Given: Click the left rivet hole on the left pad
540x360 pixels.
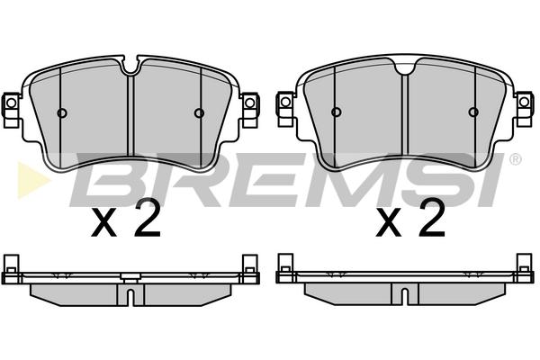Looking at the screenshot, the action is pyautogui.click(x=62, y=112).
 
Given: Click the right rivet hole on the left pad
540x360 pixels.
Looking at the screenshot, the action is pyautogui.click(x=200, y=112).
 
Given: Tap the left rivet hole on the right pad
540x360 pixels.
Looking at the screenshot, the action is pyautogui.click(x=336, y=112).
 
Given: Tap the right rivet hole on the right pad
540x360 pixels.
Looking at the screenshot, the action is pyautogui.click(x=474, y=112).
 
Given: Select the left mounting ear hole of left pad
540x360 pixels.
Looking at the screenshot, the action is pyautogui.click(x=12, y=103).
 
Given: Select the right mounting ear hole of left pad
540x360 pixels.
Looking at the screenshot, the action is pyautogui.click(x=250, y=103).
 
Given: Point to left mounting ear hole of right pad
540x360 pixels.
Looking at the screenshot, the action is pyautogui.click(x=285, y=102).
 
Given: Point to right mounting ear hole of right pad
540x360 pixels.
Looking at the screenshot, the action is pyautogui.click(x=524, y=102).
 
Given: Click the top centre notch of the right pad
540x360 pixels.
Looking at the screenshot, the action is pyautogui.click(x=405, y=67).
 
